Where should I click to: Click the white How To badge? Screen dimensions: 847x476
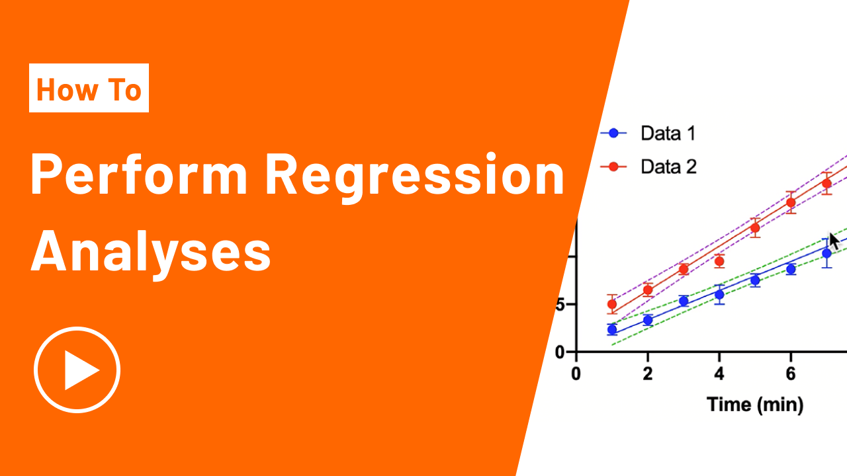point(89,88)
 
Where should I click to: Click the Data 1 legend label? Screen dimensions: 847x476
point(668,134)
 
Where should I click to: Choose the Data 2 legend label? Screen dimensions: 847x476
point(668,167)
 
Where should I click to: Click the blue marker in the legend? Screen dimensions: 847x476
point(613,133)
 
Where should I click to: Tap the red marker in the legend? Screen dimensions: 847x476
point(613,167)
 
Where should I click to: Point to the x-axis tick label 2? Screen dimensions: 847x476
point(648,374)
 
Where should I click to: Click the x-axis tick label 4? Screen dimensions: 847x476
point(719,374)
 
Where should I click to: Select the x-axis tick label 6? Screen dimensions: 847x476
point(791,374)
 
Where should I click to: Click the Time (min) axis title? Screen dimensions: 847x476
point(755,405)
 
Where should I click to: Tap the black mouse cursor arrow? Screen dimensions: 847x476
point(834,241)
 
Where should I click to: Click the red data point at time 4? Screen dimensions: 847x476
point(719,261)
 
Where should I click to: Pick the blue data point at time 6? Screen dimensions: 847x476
point(791,269)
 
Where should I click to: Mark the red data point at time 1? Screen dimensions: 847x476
point(612,304)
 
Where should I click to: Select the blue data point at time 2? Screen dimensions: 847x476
point(648,320)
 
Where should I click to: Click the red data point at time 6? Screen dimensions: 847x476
point(791,202)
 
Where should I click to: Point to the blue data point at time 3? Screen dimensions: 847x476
point(684,301)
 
